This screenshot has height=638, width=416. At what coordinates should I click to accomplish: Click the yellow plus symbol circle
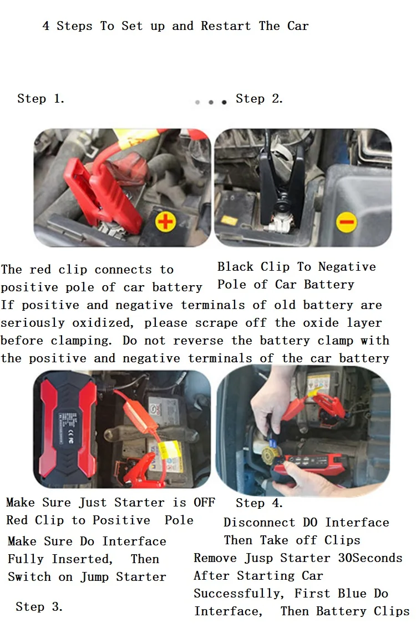165,221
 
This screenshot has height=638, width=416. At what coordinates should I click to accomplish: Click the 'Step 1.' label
41,99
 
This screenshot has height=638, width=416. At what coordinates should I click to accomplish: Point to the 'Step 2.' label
259,99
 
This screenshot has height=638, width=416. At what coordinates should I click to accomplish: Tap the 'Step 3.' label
39,606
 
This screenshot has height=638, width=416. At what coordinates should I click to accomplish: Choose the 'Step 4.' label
259,503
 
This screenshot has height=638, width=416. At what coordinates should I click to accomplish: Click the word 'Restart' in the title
226,26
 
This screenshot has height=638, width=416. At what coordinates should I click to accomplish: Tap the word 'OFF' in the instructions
204,503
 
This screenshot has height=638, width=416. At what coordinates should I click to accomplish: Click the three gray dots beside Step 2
211,102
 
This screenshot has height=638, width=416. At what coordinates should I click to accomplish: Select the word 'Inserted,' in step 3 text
82,559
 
